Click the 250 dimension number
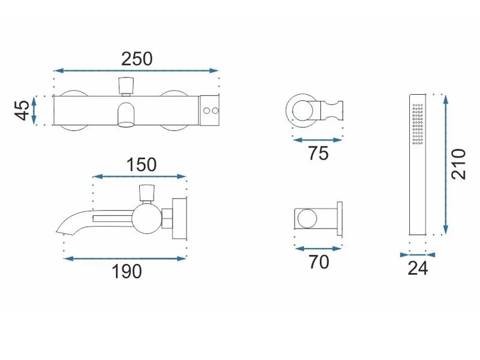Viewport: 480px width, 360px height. point(137,59)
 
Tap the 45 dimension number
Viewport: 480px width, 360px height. point(22,110)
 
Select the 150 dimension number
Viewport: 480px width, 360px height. point(142,164)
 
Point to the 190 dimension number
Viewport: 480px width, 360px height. point(127,271)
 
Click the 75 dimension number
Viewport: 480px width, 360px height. point(318,153)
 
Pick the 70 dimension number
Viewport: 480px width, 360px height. point(319,262)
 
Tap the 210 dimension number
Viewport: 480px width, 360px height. point(458,164)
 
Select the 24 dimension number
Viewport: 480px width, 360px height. point(418,268)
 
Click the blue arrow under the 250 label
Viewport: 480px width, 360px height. point(136,71)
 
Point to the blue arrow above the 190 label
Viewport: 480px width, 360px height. point(125,259)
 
